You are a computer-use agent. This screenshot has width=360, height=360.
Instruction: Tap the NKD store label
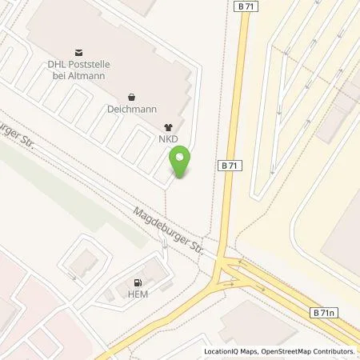point(168,139)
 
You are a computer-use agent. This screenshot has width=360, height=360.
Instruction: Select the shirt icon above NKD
point(168,126)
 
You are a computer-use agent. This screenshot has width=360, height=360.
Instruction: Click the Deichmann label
point(130,109)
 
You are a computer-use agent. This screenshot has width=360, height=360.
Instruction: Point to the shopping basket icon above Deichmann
point(130,96)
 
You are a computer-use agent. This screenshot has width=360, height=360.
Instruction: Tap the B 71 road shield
point(229,164)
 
